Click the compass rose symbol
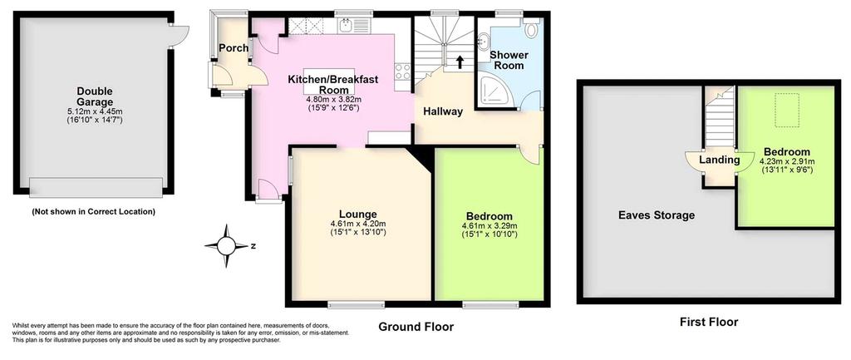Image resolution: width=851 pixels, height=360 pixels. pos(228,246)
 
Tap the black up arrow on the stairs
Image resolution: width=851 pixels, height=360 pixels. pos(460,62)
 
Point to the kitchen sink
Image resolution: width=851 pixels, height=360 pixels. pos(352,25)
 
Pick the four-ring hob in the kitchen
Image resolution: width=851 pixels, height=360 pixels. pos(403,72)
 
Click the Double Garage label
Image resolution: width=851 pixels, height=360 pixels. pos(95,96)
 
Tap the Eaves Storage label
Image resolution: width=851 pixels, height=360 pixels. pos(657,215)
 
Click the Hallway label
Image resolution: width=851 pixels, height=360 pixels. pos(443,112)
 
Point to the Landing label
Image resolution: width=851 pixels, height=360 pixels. pos(720,160)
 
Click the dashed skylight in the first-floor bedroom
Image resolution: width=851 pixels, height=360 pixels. pos(787,111)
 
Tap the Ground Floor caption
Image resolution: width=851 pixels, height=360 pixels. pos(416,327)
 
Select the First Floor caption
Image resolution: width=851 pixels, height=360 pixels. pos(709,322)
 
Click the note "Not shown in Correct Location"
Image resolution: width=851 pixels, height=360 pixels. pos(94,211)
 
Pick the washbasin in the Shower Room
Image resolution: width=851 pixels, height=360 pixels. pos(484,41)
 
